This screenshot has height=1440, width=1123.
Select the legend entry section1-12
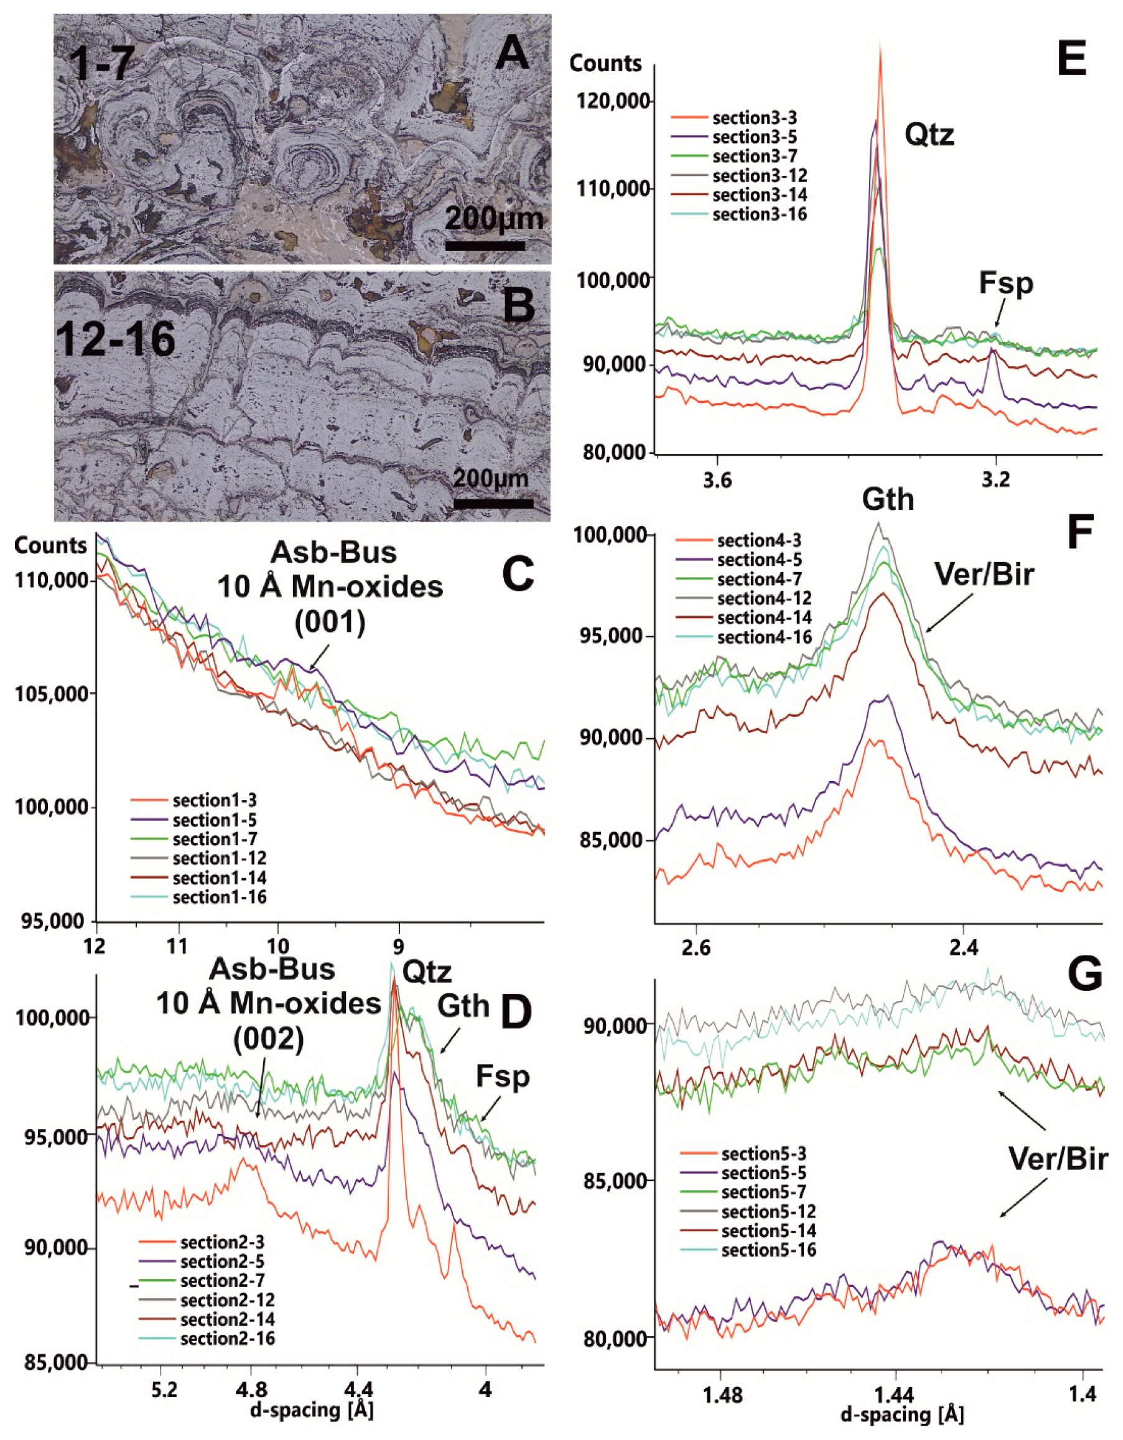(x=219, y=859)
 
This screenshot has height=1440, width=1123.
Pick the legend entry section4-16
(x=764, y=637)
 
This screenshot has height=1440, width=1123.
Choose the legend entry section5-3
(x=763, y=1154)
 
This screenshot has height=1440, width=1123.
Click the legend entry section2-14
(x=227, y=1319)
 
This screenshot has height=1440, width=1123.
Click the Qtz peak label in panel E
(x=930, y=135)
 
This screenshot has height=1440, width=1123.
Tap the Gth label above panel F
(x=888, y=500)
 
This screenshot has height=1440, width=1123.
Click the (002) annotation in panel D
(x=268, y=1040)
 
